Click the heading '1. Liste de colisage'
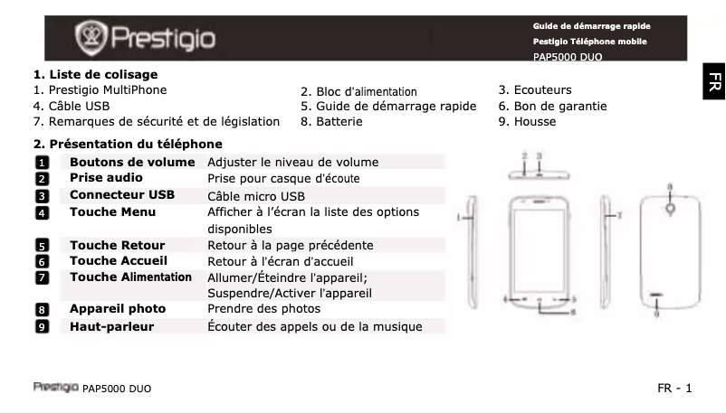point(95,74)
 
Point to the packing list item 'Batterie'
point(332,121)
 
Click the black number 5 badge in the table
point(42,245)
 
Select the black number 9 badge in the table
point(42,326)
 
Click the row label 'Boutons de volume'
point(132,162)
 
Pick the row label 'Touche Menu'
point(112,211)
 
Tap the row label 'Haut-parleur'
point(111,326)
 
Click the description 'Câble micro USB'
point(256,195)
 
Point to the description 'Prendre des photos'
point(264,308)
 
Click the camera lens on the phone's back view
point(670,207)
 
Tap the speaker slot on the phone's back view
point(657,296)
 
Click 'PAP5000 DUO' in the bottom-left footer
point(116,389)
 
